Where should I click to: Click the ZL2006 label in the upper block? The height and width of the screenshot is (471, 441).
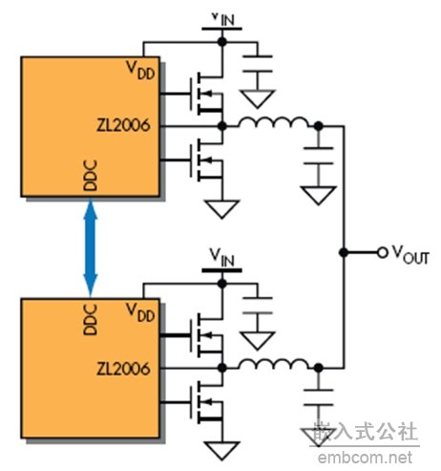point(123,125)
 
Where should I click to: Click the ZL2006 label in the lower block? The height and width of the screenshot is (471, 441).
point(123,369)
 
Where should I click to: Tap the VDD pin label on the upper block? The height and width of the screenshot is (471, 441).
point(140,70)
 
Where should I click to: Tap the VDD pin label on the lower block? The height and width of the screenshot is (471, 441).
point(140,312)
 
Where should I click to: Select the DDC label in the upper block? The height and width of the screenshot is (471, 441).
point(90,176)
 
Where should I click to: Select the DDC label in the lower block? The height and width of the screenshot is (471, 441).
point(90,319)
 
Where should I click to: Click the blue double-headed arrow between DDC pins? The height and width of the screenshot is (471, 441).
point(91,247)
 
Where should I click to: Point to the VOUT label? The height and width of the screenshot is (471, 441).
point(410,255)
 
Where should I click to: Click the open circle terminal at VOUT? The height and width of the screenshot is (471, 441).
point(383,253)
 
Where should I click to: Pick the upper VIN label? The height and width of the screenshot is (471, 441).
point(223,19)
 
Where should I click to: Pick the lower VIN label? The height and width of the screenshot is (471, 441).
point(222,257)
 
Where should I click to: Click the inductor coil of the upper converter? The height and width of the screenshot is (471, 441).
point(274,123)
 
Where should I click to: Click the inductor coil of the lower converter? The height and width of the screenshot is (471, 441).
point(274,364)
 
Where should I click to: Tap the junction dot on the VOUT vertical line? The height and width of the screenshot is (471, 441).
point(344,253)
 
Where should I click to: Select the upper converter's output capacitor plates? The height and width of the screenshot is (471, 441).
point(319,156)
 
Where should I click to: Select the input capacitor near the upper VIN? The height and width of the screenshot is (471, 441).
point(258,64)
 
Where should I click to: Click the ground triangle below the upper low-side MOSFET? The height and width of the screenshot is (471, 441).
point(221,209)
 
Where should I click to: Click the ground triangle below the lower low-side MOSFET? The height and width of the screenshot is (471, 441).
point(221,451)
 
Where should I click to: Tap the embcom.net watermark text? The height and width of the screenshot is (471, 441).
point(365,458)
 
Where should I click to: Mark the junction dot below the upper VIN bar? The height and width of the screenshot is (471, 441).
point(222,41)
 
